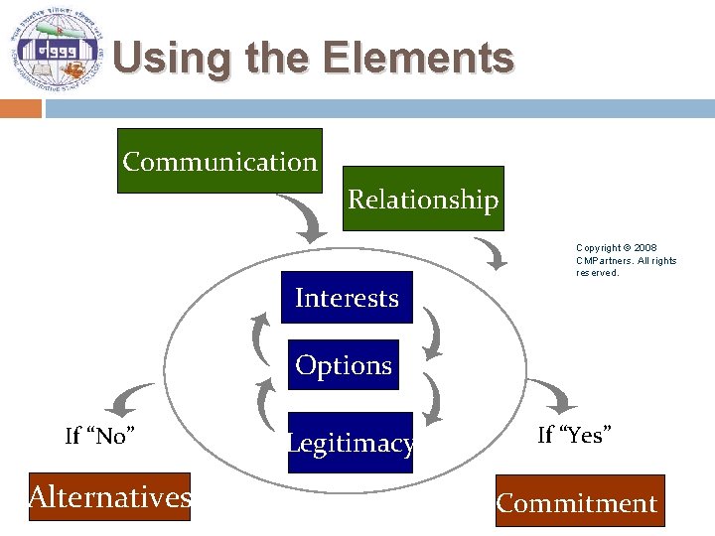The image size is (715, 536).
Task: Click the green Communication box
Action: (x=219, y=161)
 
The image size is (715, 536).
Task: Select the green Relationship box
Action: (x=422, y=199)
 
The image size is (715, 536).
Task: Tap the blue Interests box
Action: (x=347, y=298)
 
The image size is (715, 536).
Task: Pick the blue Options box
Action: (x=344, y=365)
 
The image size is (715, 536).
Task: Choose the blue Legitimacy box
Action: (x=350, y=443)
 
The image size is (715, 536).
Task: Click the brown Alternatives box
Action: (x=109, y=496)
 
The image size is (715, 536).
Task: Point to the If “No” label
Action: (x=100, y=436)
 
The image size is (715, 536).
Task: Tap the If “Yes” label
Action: (x=574, y=434)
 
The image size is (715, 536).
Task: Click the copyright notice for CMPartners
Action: (x=626, y=260)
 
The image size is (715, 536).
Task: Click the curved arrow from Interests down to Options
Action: (x=432, y=332)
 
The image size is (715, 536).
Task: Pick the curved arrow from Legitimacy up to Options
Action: (x=266, y=404)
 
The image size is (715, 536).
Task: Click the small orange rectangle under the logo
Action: (x=20, y=107)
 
